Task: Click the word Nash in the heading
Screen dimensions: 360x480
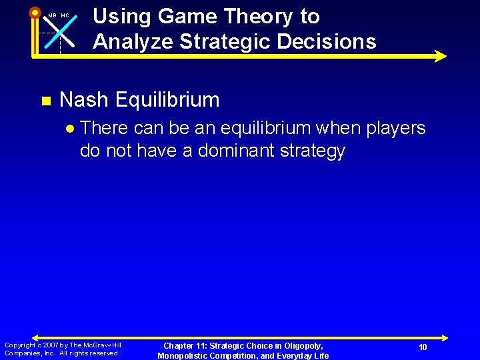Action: click(84, 100)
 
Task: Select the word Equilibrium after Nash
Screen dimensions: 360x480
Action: click(167, 100)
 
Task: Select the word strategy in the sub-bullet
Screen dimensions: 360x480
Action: click(312, 151)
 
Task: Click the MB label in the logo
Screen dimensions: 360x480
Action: click(51, 15)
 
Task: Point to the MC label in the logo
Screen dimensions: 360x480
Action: click(65, 15)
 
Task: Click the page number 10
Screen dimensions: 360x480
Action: click(423, 347)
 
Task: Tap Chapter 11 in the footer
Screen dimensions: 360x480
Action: click(187, 345)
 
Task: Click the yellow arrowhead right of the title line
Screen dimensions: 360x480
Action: click(440, 56)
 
